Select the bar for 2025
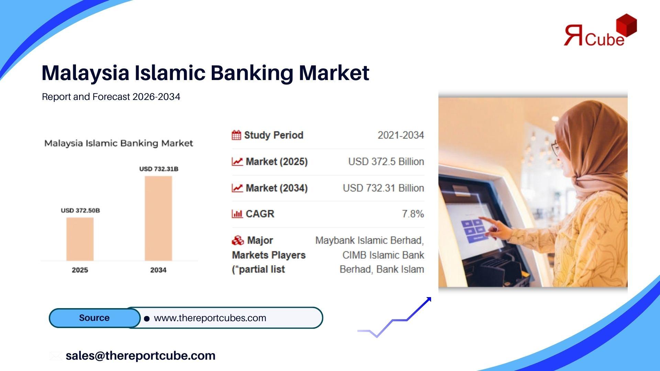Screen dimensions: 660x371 pos(80,239)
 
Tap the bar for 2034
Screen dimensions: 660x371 pos(158,218)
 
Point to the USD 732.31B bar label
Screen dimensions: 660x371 pos(159,169)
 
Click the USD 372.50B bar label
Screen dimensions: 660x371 pos(80,210)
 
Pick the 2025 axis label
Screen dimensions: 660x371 pos(80,270)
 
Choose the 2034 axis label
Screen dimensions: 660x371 pos(158,270)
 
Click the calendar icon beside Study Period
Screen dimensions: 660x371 pos(236,135)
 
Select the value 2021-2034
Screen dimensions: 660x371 pos(401,135)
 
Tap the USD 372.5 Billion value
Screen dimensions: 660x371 pos(386,161)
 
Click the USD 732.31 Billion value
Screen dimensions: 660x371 pos(383,188)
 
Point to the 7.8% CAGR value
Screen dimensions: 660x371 pos(413,214)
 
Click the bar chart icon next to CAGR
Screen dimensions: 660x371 pos(237,214)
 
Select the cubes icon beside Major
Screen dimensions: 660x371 pos(238,240)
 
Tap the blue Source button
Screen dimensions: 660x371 pos(95,318)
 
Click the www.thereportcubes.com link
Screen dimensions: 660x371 pos(210,318)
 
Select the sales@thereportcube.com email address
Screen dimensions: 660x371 pos(141,356)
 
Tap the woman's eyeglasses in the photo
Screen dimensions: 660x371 pos(555,148)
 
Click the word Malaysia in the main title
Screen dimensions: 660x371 pos(86,73)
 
